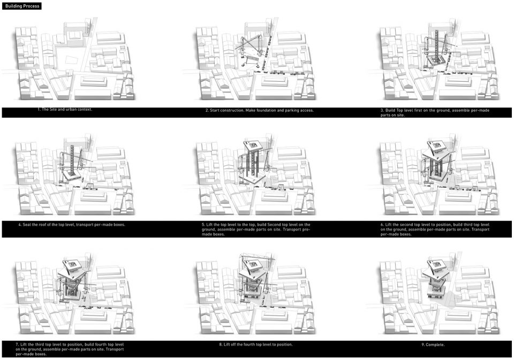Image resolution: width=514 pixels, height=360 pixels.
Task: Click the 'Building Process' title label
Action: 22,6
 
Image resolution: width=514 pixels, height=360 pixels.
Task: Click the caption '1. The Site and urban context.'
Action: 65,110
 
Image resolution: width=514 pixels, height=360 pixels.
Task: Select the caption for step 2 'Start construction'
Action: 259,110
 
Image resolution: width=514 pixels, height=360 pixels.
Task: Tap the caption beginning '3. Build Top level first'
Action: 435,113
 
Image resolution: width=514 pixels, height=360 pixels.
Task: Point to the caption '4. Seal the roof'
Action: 72,225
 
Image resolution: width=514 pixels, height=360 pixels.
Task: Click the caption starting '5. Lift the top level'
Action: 256,229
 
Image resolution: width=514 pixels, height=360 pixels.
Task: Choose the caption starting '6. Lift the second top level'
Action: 435,229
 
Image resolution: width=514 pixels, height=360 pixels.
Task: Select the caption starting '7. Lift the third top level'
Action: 70,349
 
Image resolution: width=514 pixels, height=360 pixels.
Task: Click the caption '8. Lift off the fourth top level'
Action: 256,344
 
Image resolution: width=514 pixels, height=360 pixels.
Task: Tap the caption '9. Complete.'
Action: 433,344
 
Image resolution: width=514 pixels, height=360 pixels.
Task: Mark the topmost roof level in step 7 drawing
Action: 72,264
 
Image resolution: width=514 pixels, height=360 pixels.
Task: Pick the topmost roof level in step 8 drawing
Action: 253,264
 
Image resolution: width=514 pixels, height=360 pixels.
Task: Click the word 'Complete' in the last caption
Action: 435,344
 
